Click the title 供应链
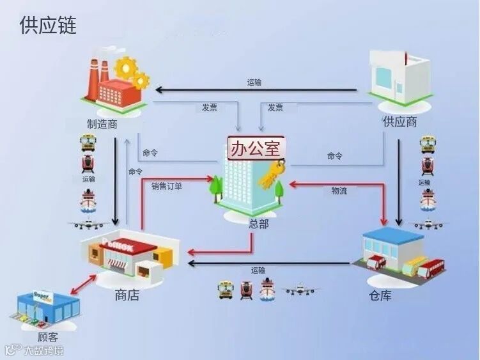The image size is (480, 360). pos(48,26)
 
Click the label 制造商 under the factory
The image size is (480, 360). pos(102,123)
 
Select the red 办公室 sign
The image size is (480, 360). pos(255,150)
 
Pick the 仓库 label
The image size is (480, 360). pos(380,295)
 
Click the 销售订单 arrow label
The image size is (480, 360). pos(166,187)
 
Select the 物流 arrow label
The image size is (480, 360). pos(339,191)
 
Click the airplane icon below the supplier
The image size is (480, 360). pos(428,224)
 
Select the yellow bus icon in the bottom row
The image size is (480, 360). pos(225,290)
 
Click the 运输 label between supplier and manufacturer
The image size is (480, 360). pos(254,82)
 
